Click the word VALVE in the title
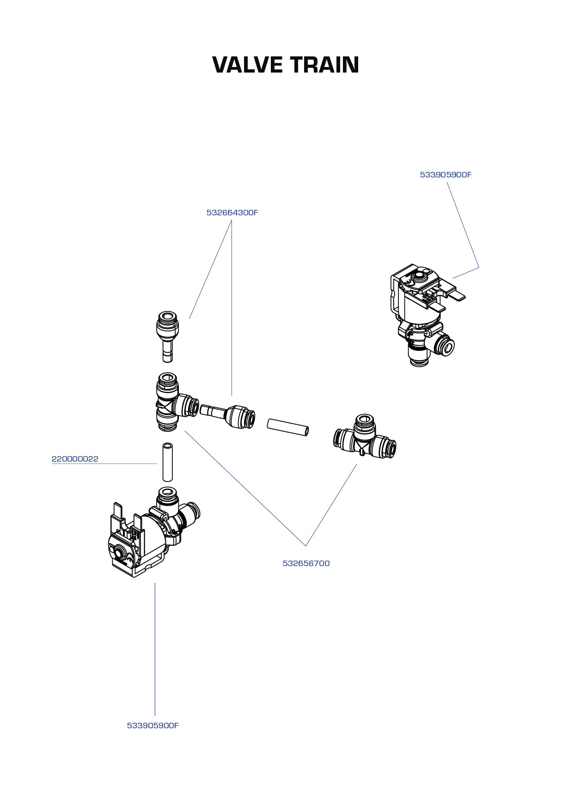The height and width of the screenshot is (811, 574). [247, 65]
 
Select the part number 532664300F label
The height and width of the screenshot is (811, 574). [232, 213]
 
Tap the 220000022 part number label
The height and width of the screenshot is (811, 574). [75, 459]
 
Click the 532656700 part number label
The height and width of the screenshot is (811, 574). [306, 563]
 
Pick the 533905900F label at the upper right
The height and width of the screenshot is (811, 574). [446, 175]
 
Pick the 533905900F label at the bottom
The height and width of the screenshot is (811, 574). [153, 726]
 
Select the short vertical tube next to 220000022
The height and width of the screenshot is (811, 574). [167, 462]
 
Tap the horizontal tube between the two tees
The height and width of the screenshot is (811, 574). [287, 427]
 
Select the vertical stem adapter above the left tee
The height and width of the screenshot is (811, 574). [167, 335]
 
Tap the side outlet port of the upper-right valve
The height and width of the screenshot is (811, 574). [446, 346]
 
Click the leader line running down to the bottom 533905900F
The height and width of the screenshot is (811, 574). [155, 647]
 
